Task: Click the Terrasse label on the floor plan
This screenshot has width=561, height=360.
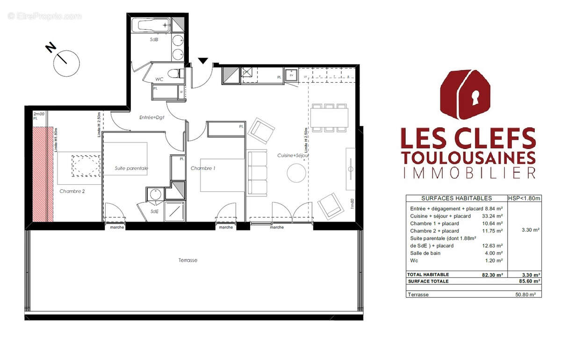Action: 187,260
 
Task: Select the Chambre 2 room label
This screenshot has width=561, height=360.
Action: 72,191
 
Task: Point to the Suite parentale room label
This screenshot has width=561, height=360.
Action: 131,168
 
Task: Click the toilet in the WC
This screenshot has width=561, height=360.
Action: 176,73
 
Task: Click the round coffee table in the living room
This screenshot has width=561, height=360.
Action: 296,174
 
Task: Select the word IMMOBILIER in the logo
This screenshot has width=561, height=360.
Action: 468,173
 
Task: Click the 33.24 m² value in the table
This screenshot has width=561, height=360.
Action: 492,216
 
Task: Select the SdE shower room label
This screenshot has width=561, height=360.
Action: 154,211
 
